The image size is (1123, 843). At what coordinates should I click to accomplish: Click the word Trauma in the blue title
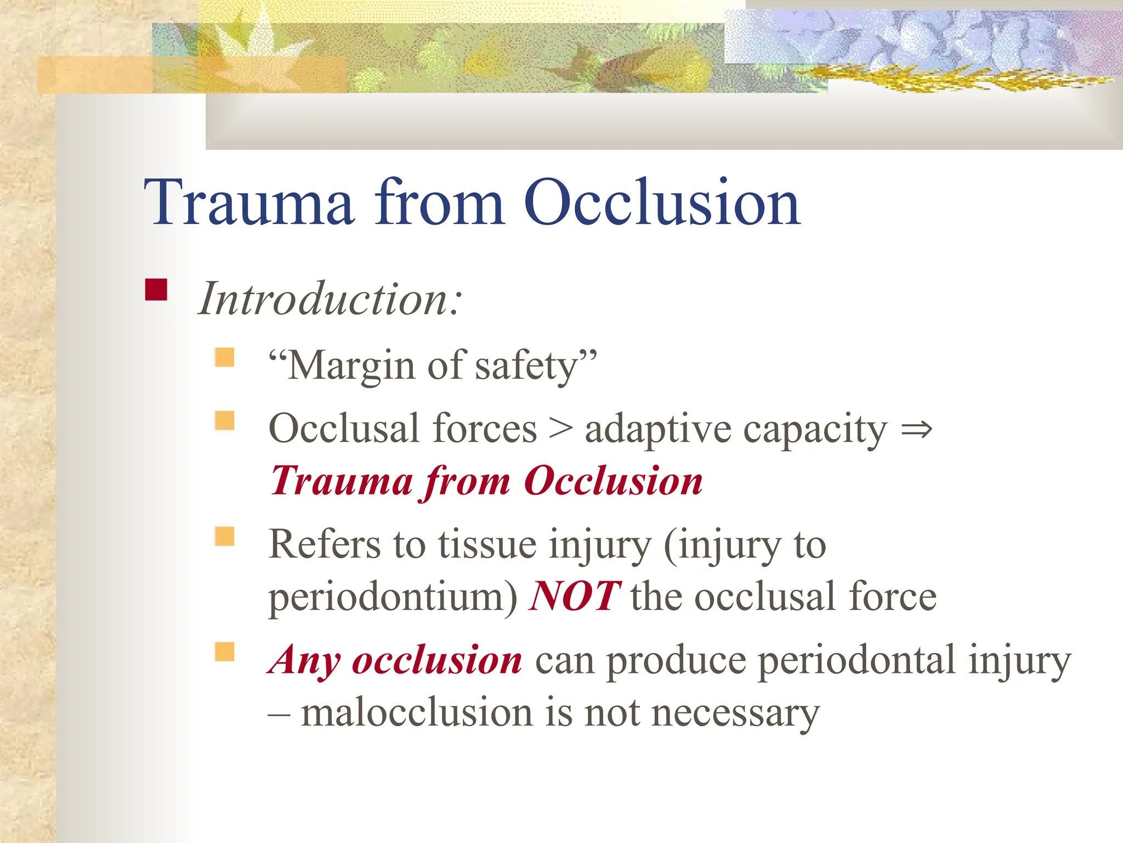249,203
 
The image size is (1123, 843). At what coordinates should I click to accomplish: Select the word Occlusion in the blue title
662,203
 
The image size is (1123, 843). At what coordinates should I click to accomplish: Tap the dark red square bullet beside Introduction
156,290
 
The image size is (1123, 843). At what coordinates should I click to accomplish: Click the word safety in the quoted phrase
526,366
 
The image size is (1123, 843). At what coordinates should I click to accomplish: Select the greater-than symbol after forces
560,429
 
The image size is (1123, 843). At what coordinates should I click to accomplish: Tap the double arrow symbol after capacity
916,429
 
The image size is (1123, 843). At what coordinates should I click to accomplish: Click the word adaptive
658,430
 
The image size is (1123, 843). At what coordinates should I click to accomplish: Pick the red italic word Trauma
342,481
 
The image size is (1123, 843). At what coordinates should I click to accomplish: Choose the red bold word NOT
574,597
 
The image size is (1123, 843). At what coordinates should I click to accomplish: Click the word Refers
324,544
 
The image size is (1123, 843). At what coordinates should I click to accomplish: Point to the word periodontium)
393,598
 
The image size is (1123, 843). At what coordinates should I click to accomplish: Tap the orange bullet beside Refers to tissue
224,536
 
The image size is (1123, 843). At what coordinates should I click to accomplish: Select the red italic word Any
305,660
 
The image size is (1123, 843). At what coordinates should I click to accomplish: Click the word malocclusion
417,713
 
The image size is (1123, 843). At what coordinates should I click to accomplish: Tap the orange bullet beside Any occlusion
224,652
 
